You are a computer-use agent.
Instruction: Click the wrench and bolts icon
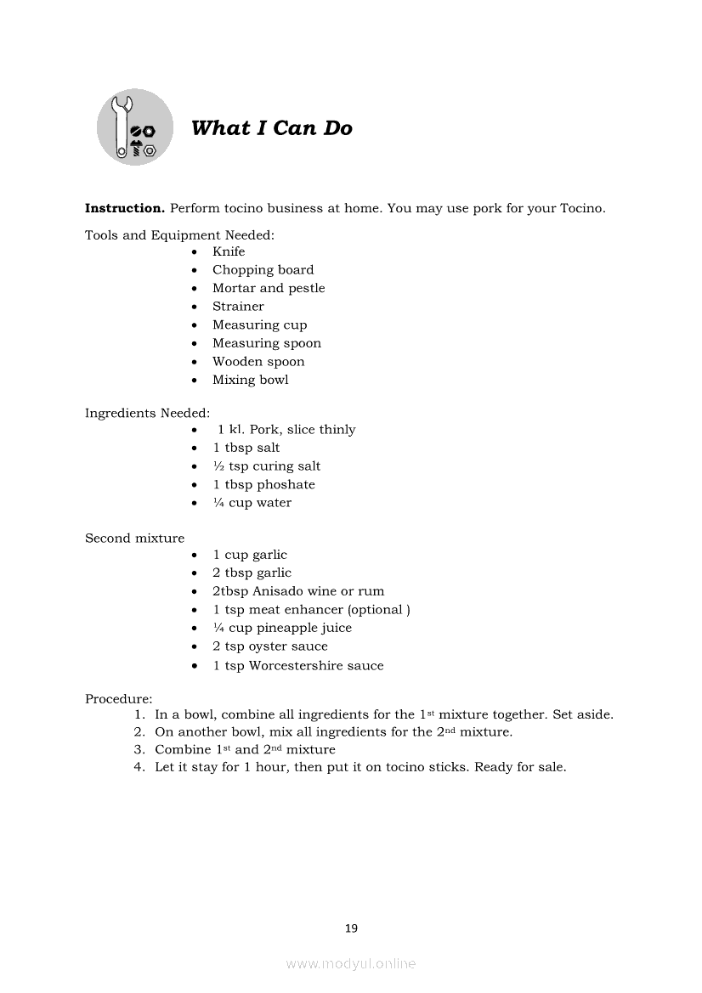tap(135, 127)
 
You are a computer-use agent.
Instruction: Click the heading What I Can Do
tap(271, 128)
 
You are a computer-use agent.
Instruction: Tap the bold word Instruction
tap(124, 208)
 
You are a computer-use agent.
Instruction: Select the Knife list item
tap(229, 251)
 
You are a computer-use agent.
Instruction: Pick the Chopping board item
tap(263, 270)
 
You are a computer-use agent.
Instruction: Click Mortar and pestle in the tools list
tap(269, 288)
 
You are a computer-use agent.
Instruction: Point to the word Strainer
tap(238, 307)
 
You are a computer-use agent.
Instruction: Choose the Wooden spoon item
tap(258, 362)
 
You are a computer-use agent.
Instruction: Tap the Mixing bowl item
tap(251, 380)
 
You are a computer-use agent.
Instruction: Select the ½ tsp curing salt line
tap(267, 466)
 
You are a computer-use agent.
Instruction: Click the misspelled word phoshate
tap(286, 485)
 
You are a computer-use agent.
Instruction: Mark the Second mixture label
tap(134, 538)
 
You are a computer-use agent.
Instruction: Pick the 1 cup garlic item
tap(250, 555)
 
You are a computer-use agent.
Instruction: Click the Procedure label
tap(118, 699)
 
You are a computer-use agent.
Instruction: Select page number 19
tap(351, 928)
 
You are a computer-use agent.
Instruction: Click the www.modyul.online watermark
tap(351, 963)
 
